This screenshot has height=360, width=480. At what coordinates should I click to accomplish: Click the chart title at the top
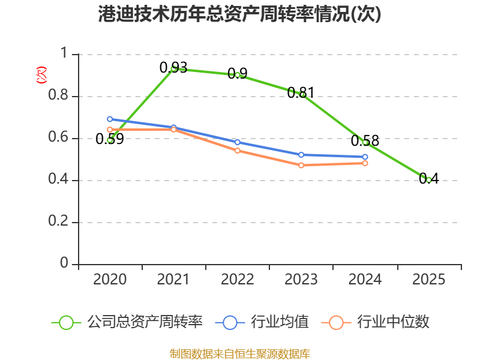point(239,14)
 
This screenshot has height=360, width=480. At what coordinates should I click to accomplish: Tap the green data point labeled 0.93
point(173,69)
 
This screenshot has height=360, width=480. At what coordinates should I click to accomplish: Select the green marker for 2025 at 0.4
point(428,181)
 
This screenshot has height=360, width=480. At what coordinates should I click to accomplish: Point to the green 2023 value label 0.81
point(301,92)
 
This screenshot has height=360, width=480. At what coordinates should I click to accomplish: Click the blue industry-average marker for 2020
point(110,119)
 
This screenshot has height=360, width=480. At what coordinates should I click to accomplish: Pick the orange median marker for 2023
point(301,166)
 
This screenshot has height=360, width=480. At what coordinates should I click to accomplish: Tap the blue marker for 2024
point(365,157)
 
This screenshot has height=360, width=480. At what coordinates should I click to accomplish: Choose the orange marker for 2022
point(238,151)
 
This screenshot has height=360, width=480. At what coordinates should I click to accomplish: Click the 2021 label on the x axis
point(173,280)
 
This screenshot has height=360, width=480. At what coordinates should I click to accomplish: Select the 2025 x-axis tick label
point(428,280)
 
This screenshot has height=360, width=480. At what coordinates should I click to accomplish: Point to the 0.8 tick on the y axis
point(58,95)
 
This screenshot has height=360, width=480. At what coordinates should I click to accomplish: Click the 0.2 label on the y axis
point(58,221)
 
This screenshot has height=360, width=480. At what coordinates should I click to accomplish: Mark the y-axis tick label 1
point(64,53)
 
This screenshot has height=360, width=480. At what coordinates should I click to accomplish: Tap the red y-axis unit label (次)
point(41,75)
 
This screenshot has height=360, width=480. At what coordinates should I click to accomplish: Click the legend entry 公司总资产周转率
point(127,322)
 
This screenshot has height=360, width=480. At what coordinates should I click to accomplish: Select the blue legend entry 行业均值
point(262,322)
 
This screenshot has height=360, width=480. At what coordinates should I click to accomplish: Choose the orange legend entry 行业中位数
point(376,322)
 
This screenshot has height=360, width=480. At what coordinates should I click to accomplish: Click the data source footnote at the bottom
point(240,354)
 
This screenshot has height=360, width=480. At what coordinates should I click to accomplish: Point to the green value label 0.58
point(365,141)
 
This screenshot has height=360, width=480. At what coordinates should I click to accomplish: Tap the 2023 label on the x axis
point(301,280)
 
